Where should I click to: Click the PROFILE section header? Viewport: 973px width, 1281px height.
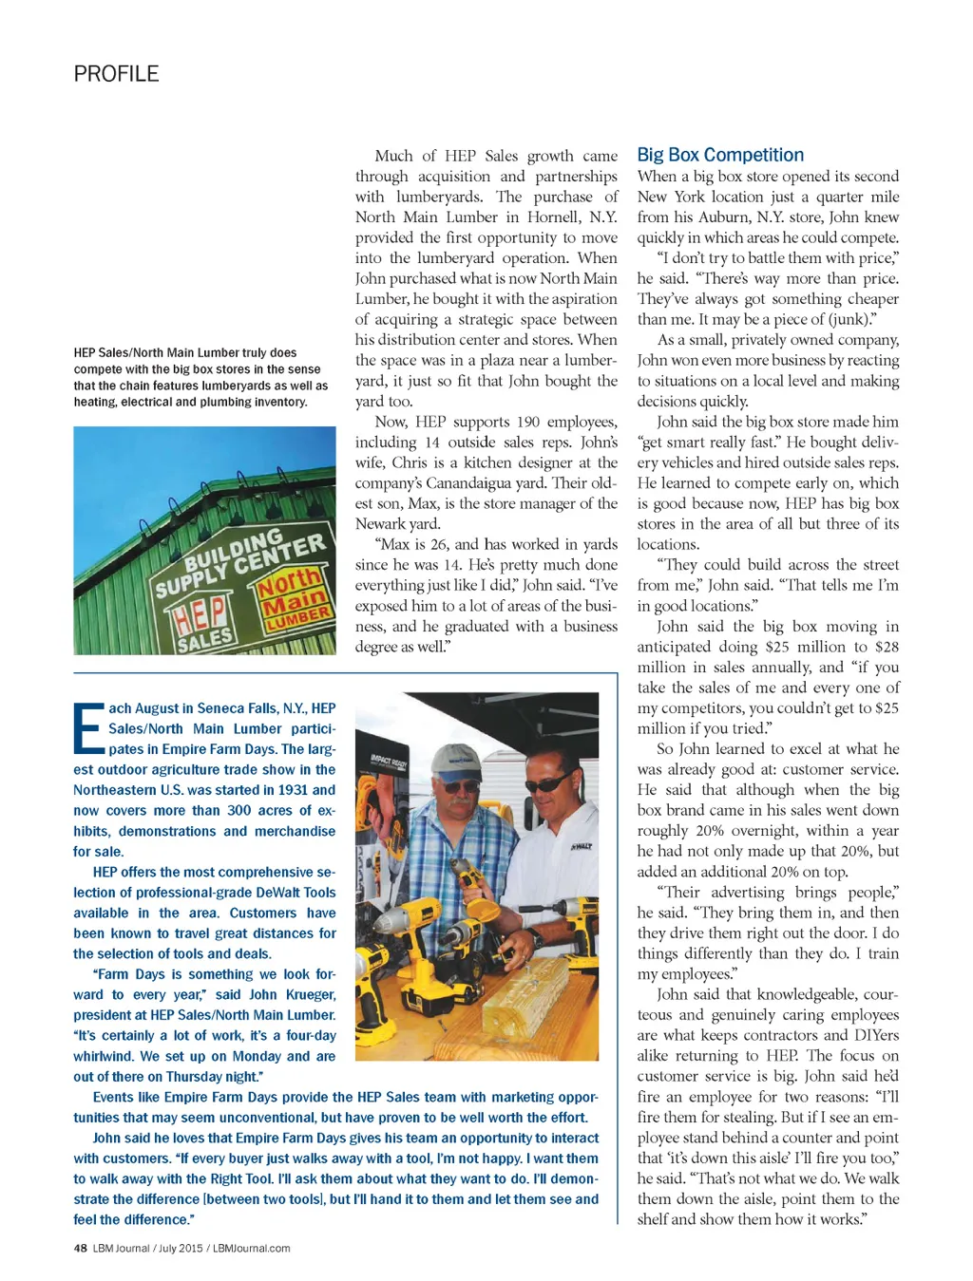tap(116, 74)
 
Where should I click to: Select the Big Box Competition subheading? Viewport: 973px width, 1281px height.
tap(720, 155)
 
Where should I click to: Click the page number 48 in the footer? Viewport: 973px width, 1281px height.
tap(81, 1248)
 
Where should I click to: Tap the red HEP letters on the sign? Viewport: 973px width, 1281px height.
tap(198, 612)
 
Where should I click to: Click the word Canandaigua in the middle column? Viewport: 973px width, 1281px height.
tap(475, 482)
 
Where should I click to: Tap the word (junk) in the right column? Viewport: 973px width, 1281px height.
tap(845, 319)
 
